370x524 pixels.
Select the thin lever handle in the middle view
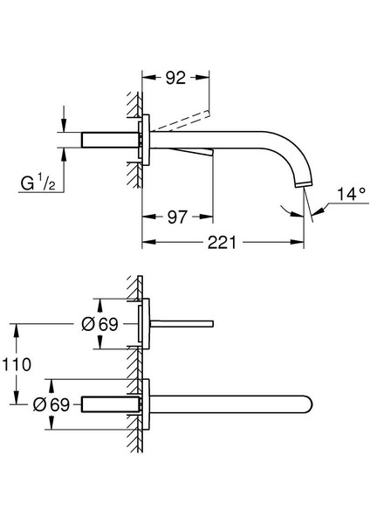pos(184,324)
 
